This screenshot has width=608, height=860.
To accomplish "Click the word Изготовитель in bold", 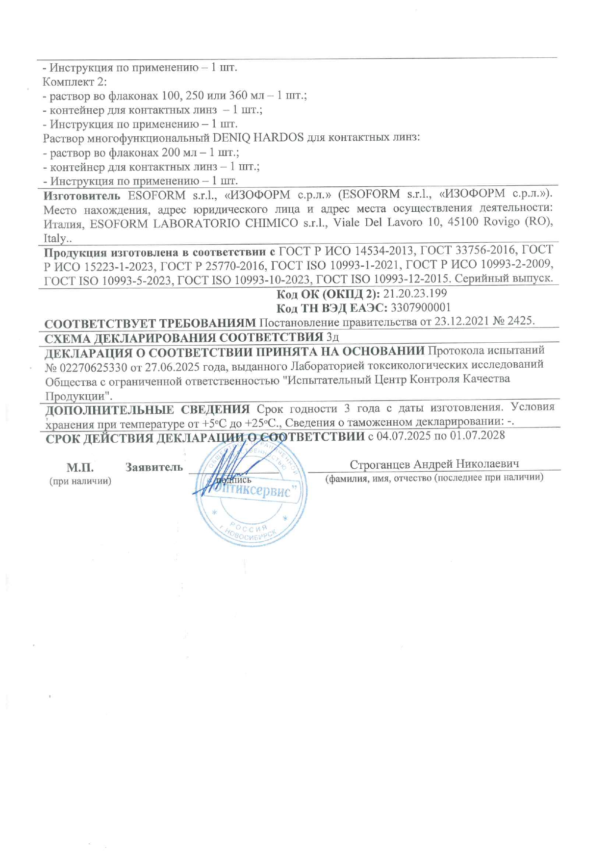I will click(81, 196).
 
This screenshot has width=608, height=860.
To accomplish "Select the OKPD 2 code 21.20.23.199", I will click(415, 294).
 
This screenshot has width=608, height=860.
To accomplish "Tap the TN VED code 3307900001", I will click(420, 308).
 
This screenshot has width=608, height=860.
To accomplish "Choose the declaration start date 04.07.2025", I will click(403, 436).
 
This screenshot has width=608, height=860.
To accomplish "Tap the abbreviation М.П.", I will click(80, 467).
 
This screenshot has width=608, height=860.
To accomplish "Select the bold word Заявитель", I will click(154, 467).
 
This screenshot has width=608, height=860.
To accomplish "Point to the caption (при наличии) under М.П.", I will click(80, 481).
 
